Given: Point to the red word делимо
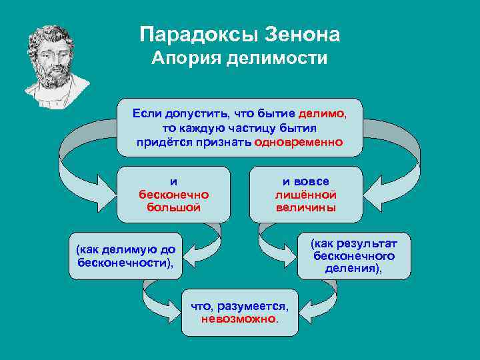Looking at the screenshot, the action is click(322, 114).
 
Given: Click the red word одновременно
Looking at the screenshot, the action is click(299, 142).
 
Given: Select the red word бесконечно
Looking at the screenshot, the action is click(173, 194).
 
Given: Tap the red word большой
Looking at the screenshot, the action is click(173, 207).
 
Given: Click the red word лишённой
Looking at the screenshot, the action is click(306, 194).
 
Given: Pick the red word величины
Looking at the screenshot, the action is click(306, 207).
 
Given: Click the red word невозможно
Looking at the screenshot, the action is click(239, 319).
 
